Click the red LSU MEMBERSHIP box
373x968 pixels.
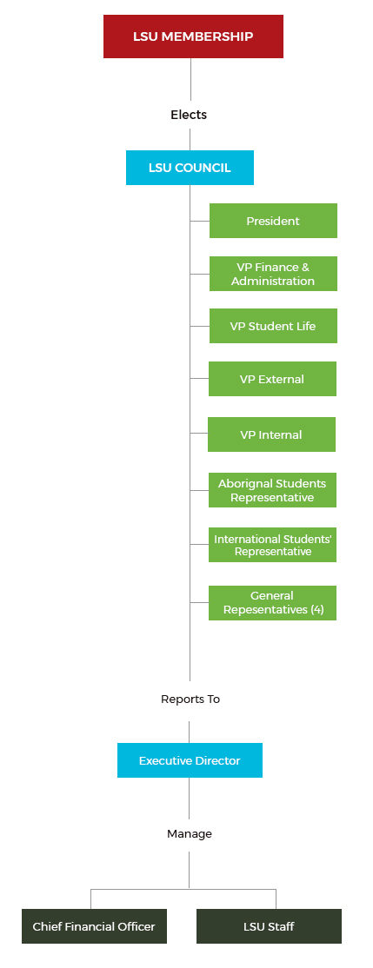[193, 36]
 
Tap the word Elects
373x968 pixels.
[189, 115]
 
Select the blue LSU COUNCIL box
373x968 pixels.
[190, 168]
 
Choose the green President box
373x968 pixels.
[273, 221]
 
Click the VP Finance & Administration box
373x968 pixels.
[273, 274]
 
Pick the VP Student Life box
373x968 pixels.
[273, 326]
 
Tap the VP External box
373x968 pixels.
[272, 379]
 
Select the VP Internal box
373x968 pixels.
[272, 434]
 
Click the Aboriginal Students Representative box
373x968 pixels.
[272, 490]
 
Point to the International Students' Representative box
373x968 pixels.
[272, 545]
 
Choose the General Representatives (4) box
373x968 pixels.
[272, 603]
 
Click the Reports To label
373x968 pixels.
[190, 699]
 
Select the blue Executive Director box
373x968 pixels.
[190, 760]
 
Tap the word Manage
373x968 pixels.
[190, 834]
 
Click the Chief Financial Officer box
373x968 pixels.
[94, 926]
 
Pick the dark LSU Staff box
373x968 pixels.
[269, 926]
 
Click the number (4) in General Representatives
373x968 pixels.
[316, 610]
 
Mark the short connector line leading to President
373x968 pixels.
[199, 221]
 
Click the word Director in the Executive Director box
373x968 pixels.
[218, 760]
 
